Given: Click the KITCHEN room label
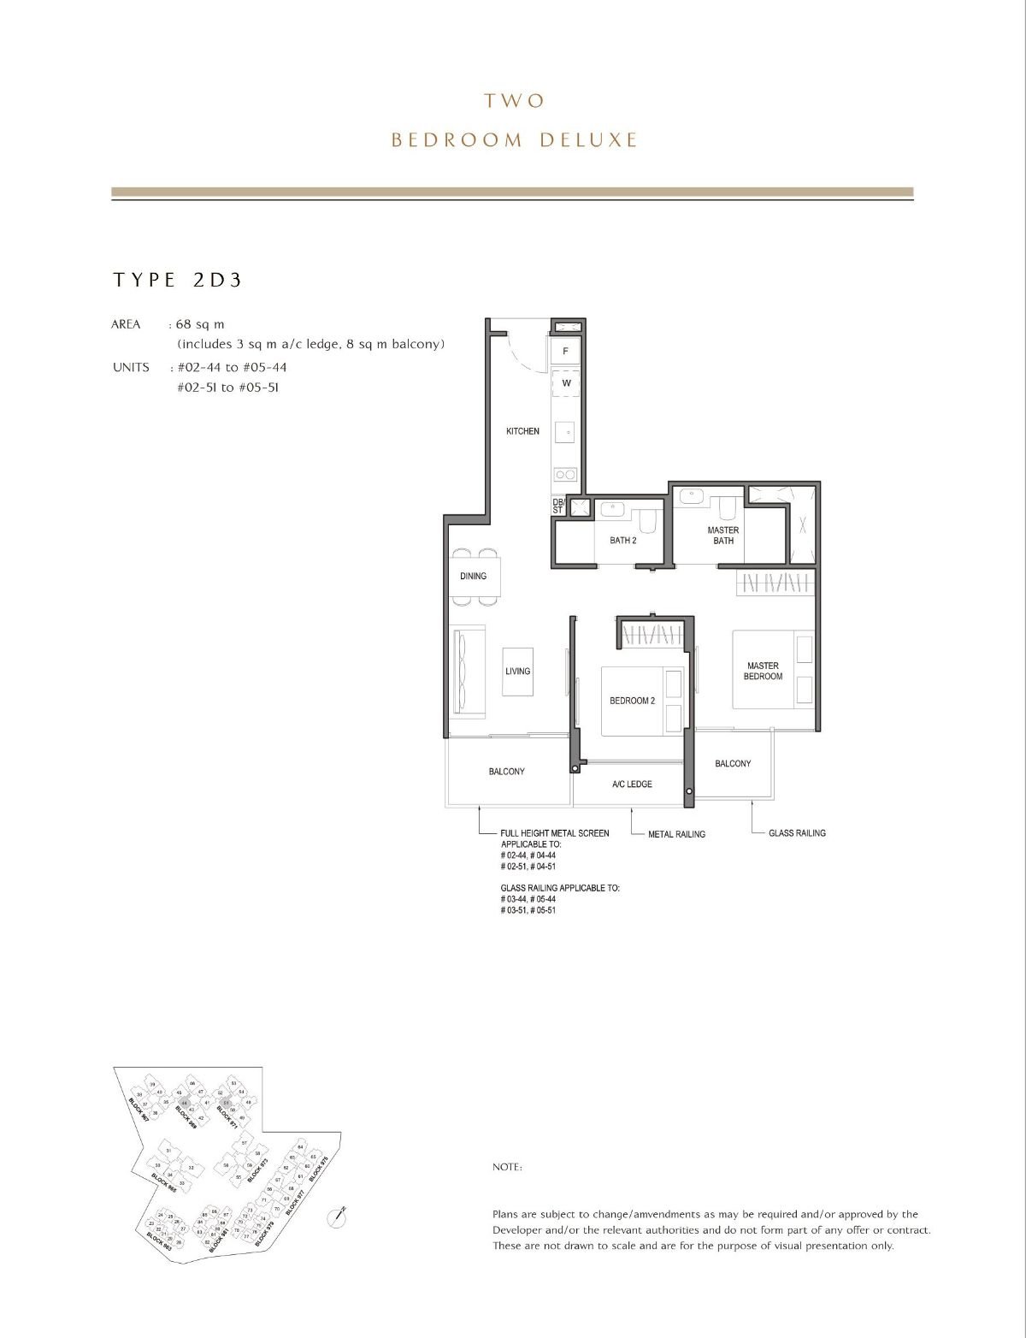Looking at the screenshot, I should pyautogui.click(x=522, y=431).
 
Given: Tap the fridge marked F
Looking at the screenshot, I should pyautogui.click(x=565, y=352).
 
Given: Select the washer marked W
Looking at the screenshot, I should pyautogui.click(x=565, y=383).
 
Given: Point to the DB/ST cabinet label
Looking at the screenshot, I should pyautogui.click(x=558, y=506).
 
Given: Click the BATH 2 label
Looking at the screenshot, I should pyautogui.click(x=622, y=541).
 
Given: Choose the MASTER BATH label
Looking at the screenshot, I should pyautogui.click(x=722, y=535).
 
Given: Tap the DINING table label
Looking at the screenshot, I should pyautogui.click(x=473, y=576).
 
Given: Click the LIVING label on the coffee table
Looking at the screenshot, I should pyautogui.click(x=517, y=672).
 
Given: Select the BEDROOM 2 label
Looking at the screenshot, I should pyautogui.click(x=632, y=701).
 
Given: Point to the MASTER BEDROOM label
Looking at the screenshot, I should pyautogui.click(x=763, y=671).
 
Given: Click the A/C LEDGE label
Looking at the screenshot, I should pyautogui.click(x=632, y=784).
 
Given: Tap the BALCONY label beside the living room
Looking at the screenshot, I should pyautogui.click(x=506, y=772).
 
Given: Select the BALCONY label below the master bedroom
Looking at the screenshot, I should pyautogui.click(x=733, y=764).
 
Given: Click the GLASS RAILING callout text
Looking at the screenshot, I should pyautogui.click(x=797, y=832).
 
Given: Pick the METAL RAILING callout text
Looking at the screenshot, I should pyautogui.click(x=676, y=834).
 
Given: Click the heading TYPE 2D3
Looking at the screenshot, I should pyautogui.click(x=178, y=280).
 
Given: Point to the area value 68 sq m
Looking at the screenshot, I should pyautogui.click(x=200, y=324).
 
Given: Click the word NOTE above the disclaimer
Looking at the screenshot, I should pyautogui.click(x=507, y=1168).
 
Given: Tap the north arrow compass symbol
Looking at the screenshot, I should pyautogui.click(x=337, y=1217).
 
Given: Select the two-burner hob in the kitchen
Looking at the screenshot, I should pyautogui.click(x=565, y=474).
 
